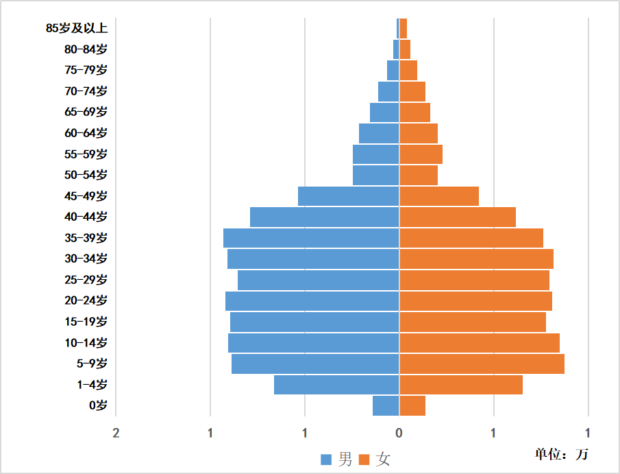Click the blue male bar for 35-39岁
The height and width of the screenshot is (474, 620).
click(311, 238)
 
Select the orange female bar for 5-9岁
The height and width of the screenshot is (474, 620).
click(482, 364)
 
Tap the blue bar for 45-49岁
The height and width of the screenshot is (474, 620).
click(348, 196)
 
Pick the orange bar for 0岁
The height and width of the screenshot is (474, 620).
click(412, 406)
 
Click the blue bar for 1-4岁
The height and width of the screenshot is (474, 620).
click(336, 385)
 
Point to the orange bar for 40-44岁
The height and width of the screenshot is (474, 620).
click(457, 217)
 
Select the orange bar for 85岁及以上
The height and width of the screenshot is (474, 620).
click(403, 28)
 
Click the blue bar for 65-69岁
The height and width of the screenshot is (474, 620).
click(384, 112)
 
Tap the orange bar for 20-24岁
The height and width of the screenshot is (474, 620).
click(475, 301)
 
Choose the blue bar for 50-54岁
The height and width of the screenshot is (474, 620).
click(375, 176)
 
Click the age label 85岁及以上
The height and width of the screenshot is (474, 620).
click(77, 28)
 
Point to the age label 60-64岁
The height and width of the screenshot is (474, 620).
click(86, 133)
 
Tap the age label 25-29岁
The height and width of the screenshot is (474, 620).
click(86, 280)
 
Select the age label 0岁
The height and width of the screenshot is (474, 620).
click(98, 405)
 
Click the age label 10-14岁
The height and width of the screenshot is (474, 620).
click(86, 343)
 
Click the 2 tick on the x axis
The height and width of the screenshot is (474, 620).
click(116, 433)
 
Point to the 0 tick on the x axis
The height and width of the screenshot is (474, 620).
click(399, 433)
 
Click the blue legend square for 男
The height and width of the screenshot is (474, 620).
click(327, 459)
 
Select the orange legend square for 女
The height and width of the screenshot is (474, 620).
click(364, 459)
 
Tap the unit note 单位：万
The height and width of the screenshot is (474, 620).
click(561, 454)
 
